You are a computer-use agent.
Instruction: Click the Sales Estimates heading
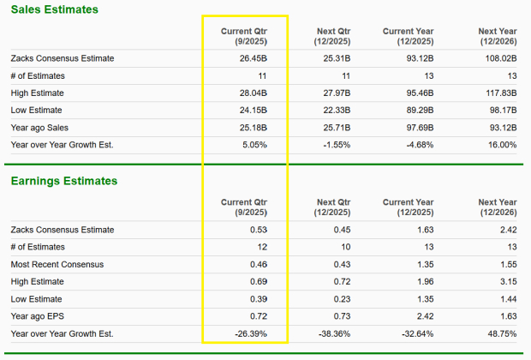click(x=54, y=9)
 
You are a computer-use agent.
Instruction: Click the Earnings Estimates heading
click(x=63, y=181)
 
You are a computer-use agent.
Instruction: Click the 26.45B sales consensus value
click(x=253, y=58)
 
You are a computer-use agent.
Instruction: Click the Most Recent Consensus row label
click(x=57, y=264)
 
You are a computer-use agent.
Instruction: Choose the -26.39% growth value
click(x=249, y=333)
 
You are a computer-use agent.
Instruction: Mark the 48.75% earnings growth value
click(x=500, y=333)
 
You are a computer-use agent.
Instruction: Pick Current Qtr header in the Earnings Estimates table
click(x=244, y=207)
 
